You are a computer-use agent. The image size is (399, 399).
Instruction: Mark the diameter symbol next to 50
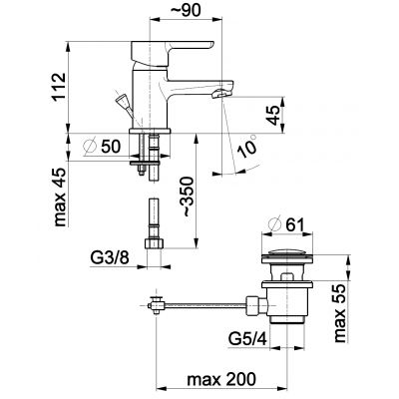point(90,147)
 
